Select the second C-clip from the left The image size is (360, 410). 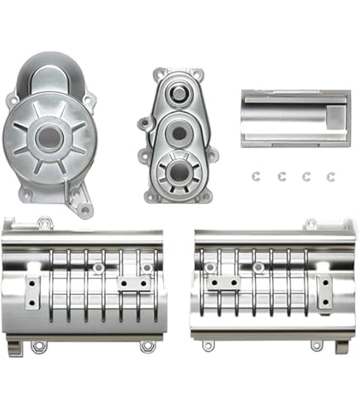click(x=282, y=176)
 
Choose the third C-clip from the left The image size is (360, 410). click(x=307, y=176)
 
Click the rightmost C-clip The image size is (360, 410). click(x=331, y=176)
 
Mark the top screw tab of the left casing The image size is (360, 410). click(x=45, y=222)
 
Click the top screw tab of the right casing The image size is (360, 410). click(x=310, y=224)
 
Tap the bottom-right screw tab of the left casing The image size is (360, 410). click(x=147, y=345)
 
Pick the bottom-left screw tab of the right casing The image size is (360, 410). click(x=208, y=345)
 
